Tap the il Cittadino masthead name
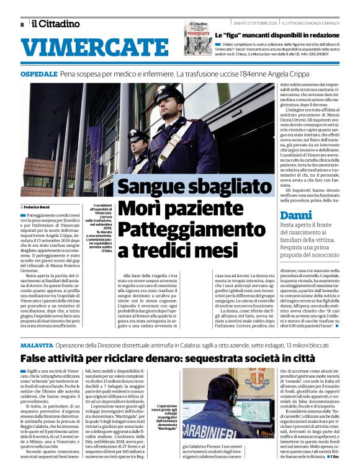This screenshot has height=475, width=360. (56, 24)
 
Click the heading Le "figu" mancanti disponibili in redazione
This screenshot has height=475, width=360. (282, 36)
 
